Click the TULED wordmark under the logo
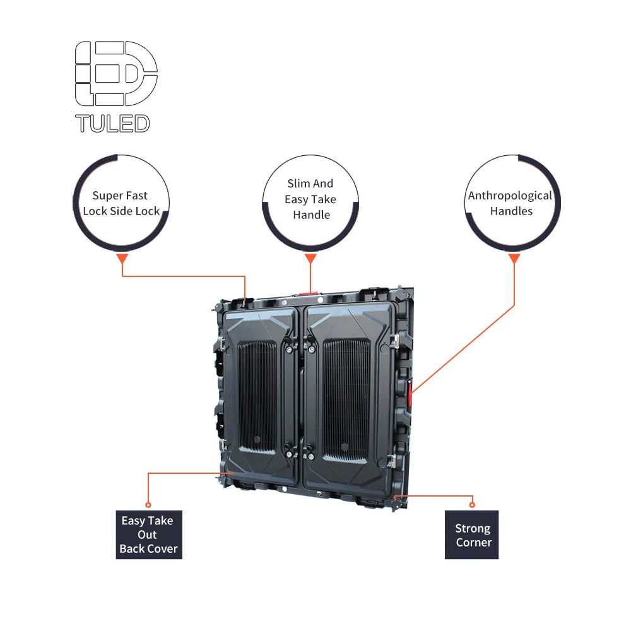point(112,123)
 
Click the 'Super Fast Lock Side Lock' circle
point(121,203)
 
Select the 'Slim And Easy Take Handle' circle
point(310,199)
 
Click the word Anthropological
point(510,196)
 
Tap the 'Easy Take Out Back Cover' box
point(149,534)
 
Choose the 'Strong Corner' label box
point(472,535)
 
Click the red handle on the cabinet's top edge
point(308,293)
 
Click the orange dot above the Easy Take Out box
point(148,504)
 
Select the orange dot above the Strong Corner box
point(472,504)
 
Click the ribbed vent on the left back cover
point(257,394)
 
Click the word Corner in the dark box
point(473,543)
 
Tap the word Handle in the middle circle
point(311,215)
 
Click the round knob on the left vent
point(257,439)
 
